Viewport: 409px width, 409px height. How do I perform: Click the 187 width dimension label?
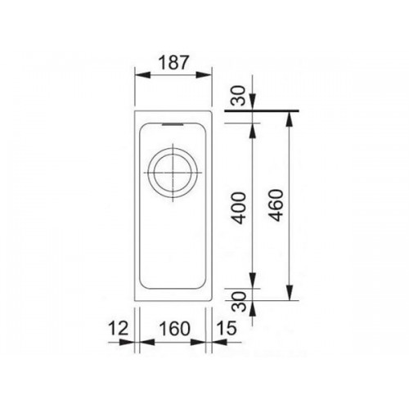pyautogui.click(x=173, y=62)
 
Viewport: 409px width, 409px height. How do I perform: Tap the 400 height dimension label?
pyautogui.click(x=240, y=208)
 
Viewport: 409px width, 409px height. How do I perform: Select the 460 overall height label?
pyautogui.click(x=276, y=205)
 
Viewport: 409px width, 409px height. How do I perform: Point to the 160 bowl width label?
pyautogui.click(x=174, y=328)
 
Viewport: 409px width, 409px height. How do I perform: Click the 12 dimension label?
pyautogui.click(x=118, y=328)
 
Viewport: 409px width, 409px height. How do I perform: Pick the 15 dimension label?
pyautogui.click(x=226, y=328)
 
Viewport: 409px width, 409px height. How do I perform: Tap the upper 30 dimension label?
pyautogui.click(x=239, y=96)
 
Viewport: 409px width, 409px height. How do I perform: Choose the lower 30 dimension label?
pyautogui.click(x=240, y=302)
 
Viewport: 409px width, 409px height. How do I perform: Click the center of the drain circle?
pyautogui.click(x=173, y=173)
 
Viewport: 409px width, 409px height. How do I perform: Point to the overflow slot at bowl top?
pyautogui.click(x=173, y=124)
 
